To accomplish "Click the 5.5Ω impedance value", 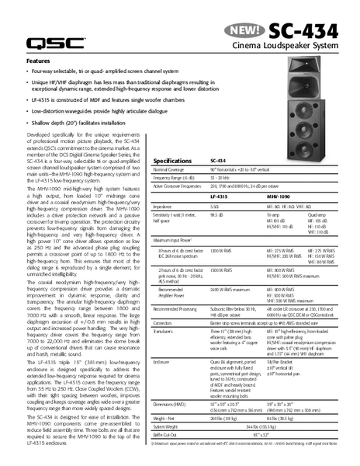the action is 216,208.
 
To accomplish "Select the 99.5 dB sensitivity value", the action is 218,217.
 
